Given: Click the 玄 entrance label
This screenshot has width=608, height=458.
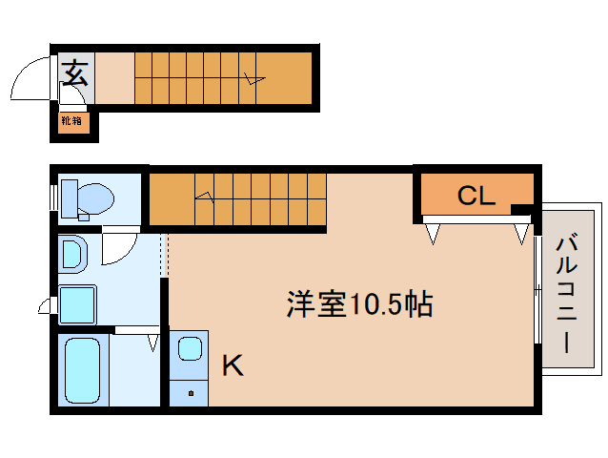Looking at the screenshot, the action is click(75, 73).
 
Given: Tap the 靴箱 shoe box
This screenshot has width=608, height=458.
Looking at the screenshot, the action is click(73, 123).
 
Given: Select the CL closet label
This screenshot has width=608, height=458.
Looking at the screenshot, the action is click(476, 196).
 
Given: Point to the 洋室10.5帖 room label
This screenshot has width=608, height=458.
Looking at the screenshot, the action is click(359, 304).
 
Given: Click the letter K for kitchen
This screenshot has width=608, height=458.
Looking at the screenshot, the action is click(233, 365).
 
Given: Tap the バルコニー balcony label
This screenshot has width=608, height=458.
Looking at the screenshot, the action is click(567, 292).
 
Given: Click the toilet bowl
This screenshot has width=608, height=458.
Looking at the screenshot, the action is click(95, 198).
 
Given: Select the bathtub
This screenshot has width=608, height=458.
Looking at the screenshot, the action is click(82, 370).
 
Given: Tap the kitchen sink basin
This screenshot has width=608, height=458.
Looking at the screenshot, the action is click(190, 348).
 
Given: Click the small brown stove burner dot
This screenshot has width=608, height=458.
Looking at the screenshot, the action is click(191, 393).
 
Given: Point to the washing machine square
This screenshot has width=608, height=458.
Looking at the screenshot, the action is click(77, 304).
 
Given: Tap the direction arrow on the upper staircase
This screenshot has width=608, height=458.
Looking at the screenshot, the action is click(254, 78).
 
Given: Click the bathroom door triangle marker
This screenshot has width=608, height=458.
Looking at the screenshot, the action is click(153, 343).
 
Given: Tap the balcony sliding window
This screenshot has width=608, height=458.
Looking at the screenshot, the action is click(537, 289).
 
